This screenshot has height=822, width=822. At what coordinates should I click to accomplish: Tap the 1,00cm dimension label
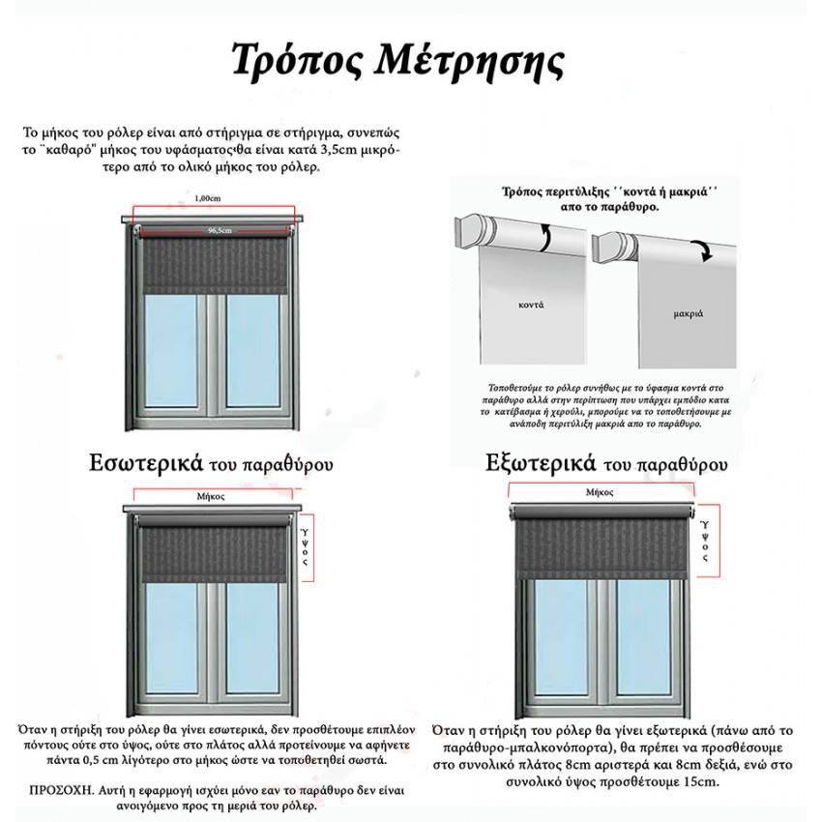tap(208, 198)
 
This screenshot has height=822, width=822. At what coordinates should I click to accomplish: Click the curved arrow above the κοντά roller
tap(546, 235)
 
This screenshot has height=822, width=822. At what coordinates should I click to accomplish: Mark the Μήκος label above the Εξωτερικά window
tap(600, 492)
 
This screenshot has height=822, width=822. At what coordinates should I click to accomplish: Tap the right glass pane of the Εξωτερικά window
tap(643, 629)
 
